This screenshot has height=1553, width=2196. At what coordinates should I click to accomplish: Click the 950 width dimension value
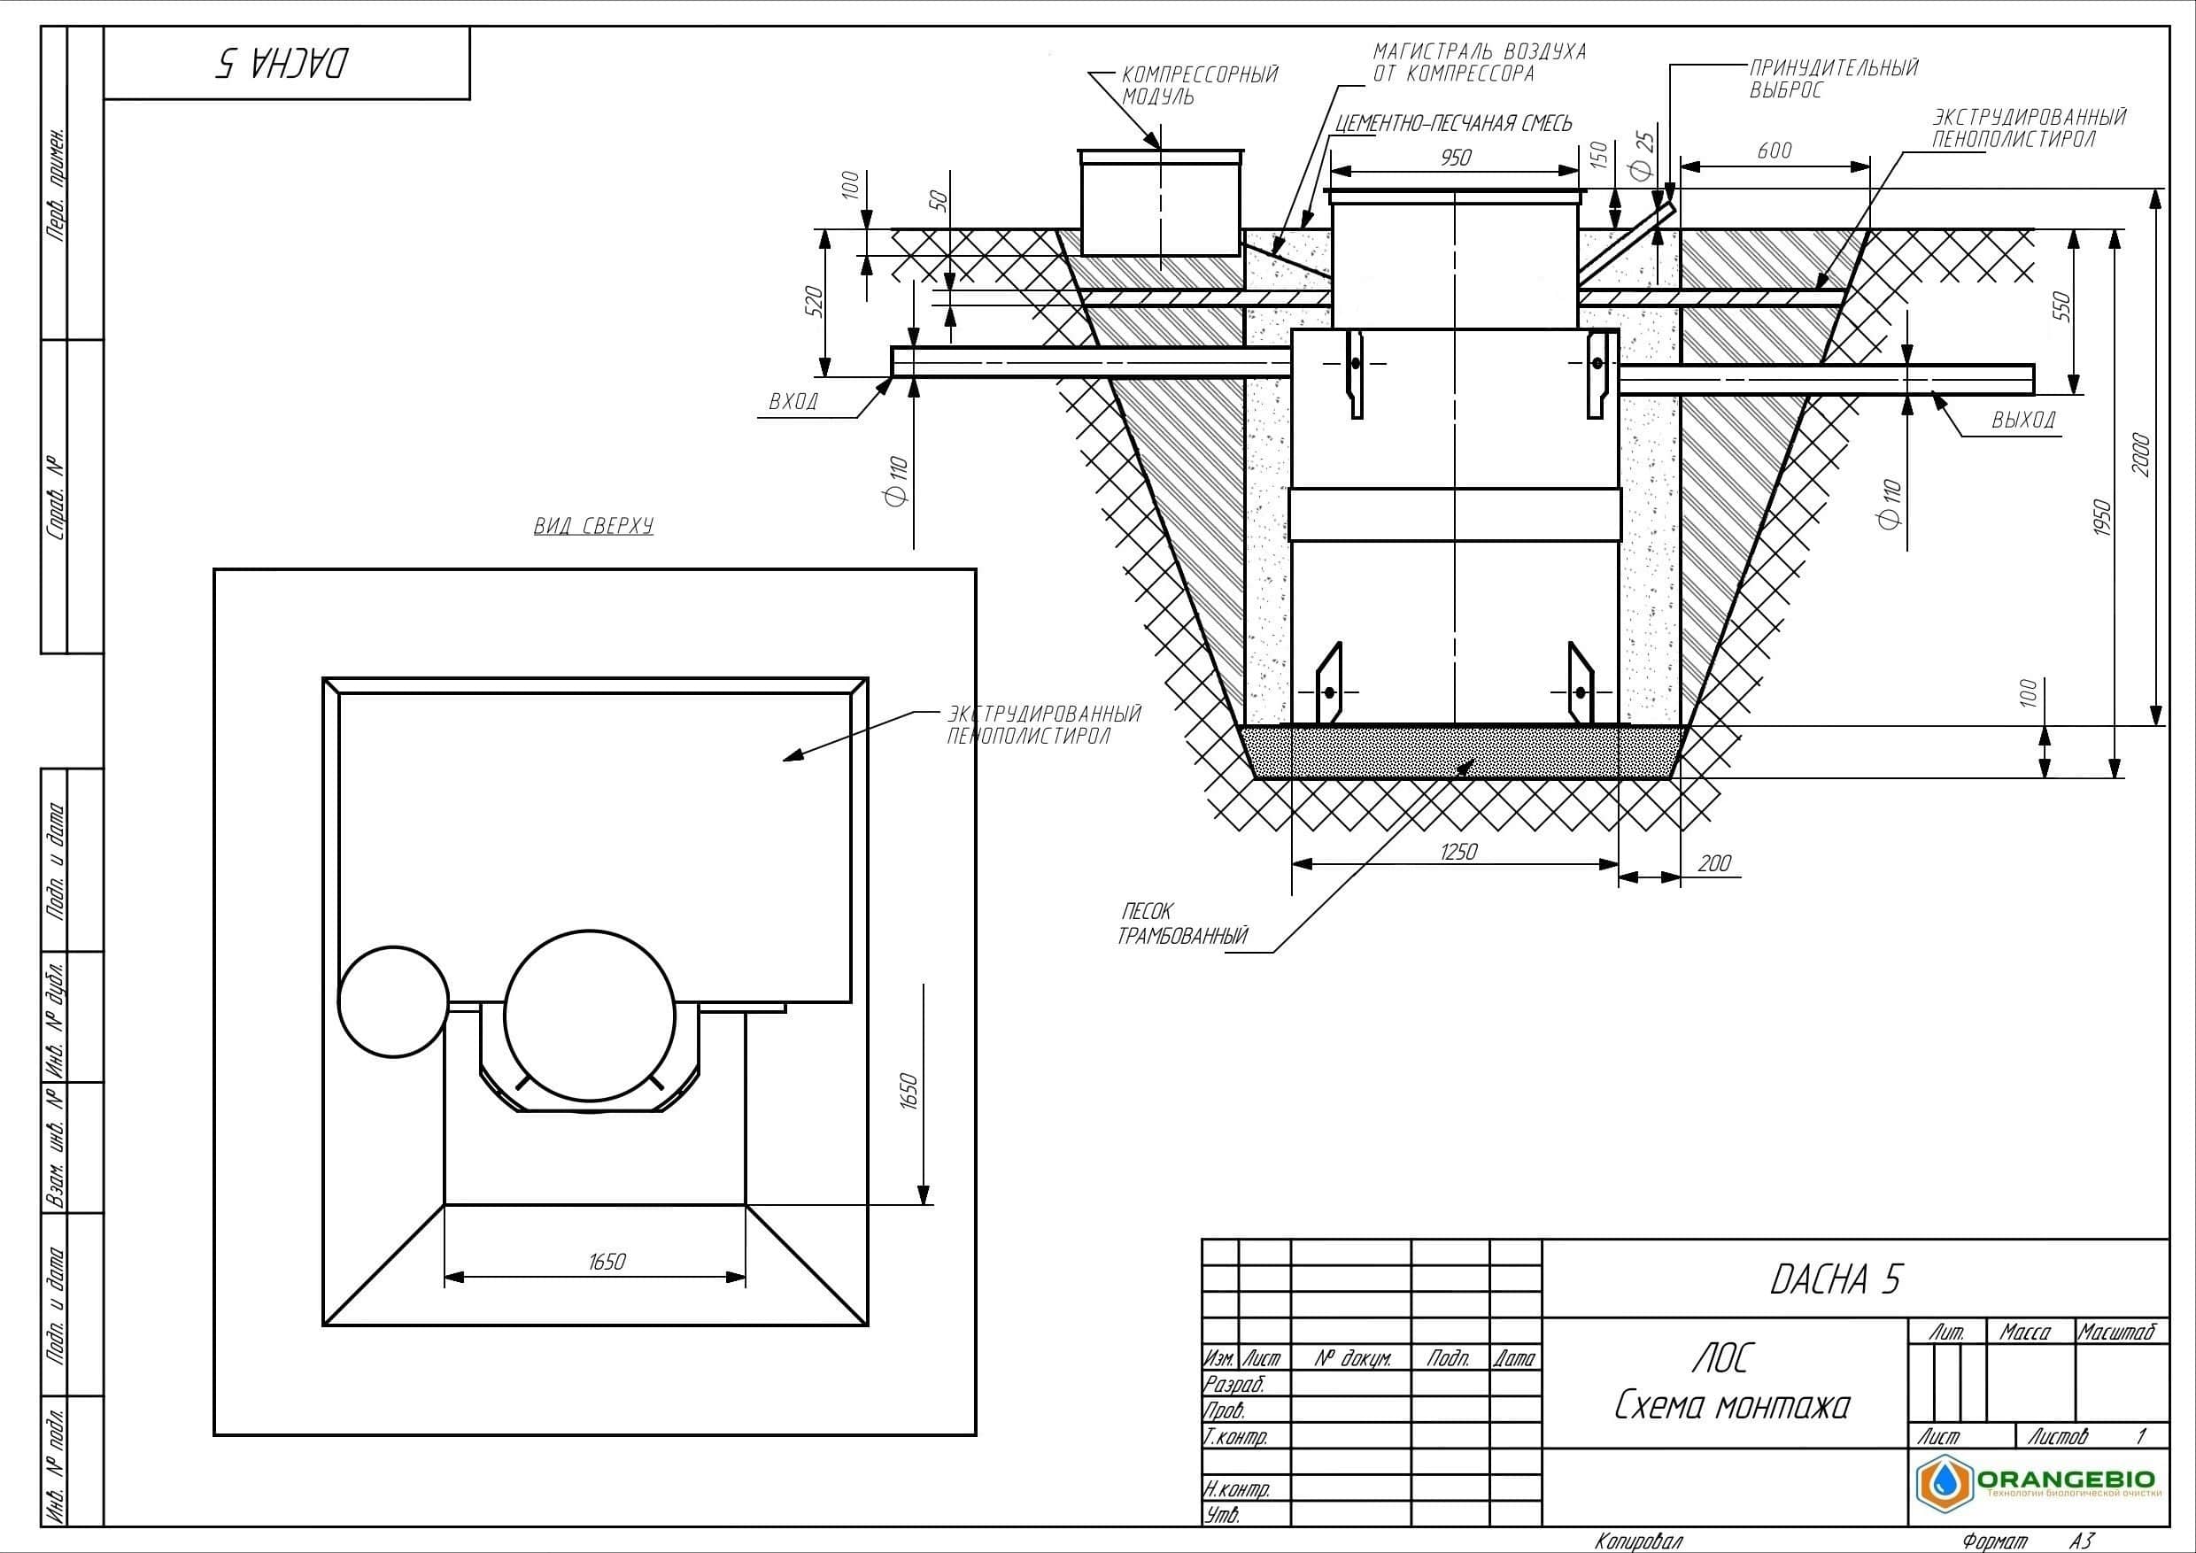(1456, 157)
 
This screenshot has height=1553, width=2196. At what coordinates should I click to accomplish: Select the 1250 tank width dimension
(1458, 851)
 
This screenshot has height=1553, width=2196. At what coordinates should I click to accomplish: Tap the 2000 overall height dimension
(2141, 454)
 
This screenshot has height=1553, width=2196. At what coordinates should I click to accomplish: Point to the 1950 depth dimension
(2101, 517)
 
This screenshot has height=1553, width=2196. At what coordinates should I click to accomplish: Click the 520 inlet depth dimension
(815, 302)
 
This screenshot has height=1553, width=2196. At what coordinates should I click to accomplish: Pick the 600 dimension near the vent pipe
(1775, 151)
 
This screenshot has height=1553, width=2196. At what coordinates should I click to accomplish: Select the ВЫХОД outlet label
(2024, 419)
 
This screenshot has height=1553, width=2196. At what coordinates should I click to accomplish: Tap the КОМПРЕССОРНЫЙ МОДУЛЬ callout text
(1199, 85)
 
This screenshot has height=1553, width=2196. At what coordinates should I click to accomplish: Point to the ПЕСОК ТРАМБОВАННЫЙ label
(1183, 923)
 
